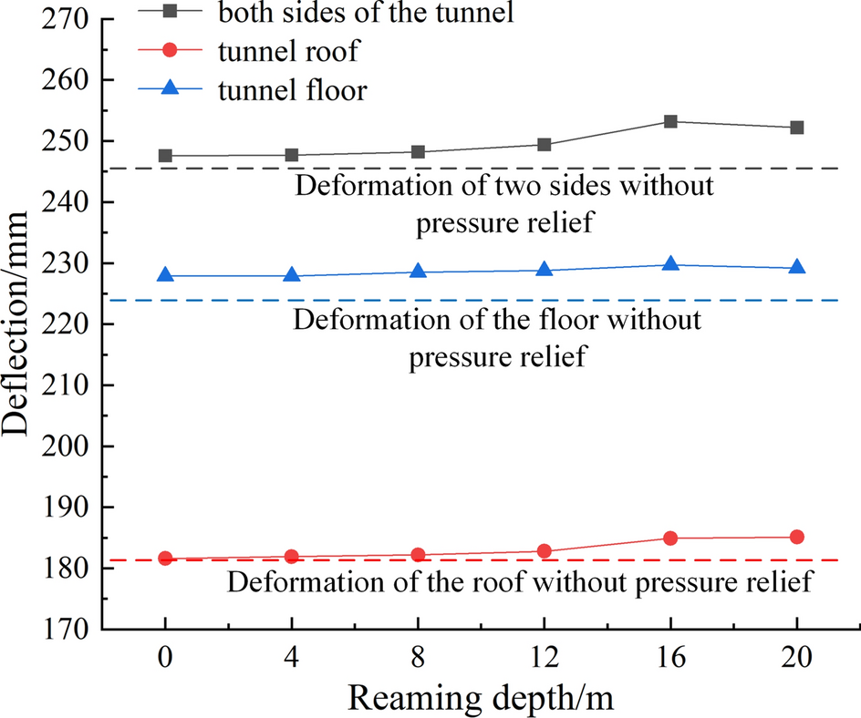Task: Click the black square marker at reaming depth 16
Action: click(670, 121)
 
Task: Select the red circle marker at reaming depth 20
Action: click(796, 537)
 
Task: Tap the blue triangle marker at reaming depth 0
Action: click(165, 275)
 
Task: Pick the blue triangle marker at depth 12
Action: click(545, 270)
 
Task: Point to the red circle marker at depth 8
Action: click(418, 555)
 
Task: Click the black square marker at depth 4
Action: click(292, 155)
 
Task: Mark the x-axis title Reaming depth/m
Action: click(481, 697)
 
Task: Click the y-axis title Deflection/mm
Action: click(20, 323)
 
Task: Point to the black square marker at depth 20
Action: click(796, 128)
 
